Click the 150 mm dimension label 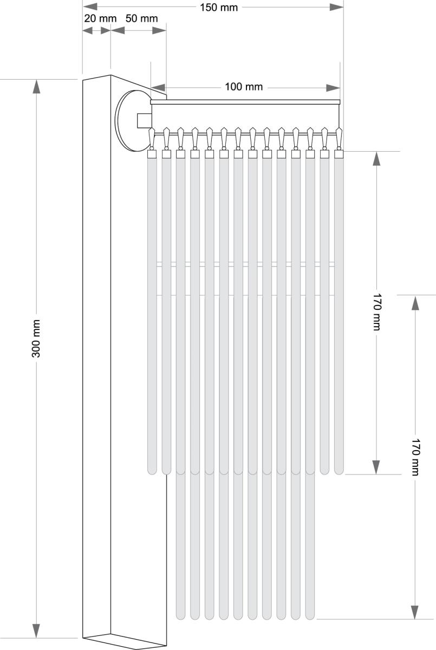219,7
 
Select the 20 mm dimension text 100,18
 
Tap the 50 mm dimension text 141,18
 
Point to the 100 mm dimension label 244,87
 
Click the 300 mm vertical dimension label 36,339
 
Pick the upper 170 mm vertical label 376,312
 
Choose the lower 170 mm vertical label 416,457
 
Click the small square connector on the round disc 144,120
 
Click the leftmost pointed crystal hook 152,137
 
